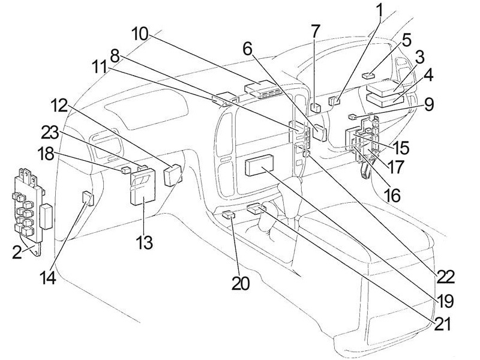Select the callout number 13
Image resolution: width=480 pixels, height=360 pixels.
click(x=144, y=243)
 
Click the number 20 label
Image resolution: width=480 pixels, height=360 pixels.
click(x=241, y=282)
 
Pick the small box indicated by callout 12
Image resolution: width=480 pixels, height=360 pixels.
click(x=173, y=174)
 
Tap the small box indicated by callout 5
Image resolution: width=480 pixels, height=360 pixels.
click(x=368, y=76)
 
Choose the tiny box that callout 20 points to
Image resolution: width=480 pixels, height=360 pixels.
click(x=228, y=214)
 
